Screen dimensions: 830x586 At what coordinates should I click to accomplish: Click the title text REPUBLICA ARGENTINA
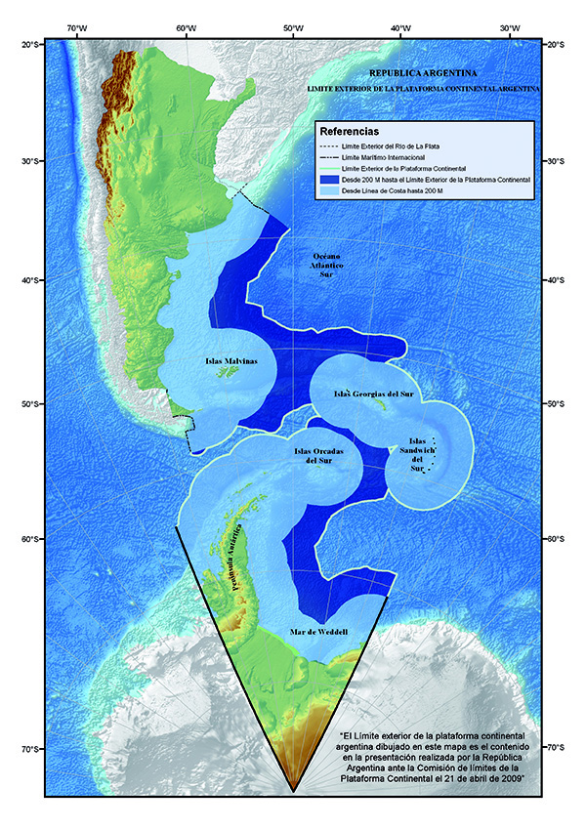(423, 73)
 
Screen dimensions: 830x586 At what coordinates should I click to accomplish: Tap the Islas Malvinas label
(231, 361)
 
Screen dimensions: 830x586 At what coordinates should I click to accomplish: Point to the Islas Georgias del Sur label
(374, 394)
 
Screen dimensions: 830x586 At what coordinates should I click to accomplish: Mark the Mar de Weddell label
(319, 633)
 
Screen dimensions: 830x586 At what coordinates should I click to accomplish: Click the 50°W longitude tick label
(292, 28)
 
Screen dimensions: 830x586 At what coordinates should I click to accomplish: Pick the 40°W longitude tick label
(399, 28)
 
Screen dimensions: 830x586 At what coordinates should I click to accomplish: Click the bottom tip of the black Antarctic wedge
(292, 788)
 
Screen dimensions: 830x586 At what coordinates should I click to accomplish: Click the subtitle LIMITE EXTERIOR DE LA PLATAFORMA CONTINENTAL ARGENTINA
(423, 88)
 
